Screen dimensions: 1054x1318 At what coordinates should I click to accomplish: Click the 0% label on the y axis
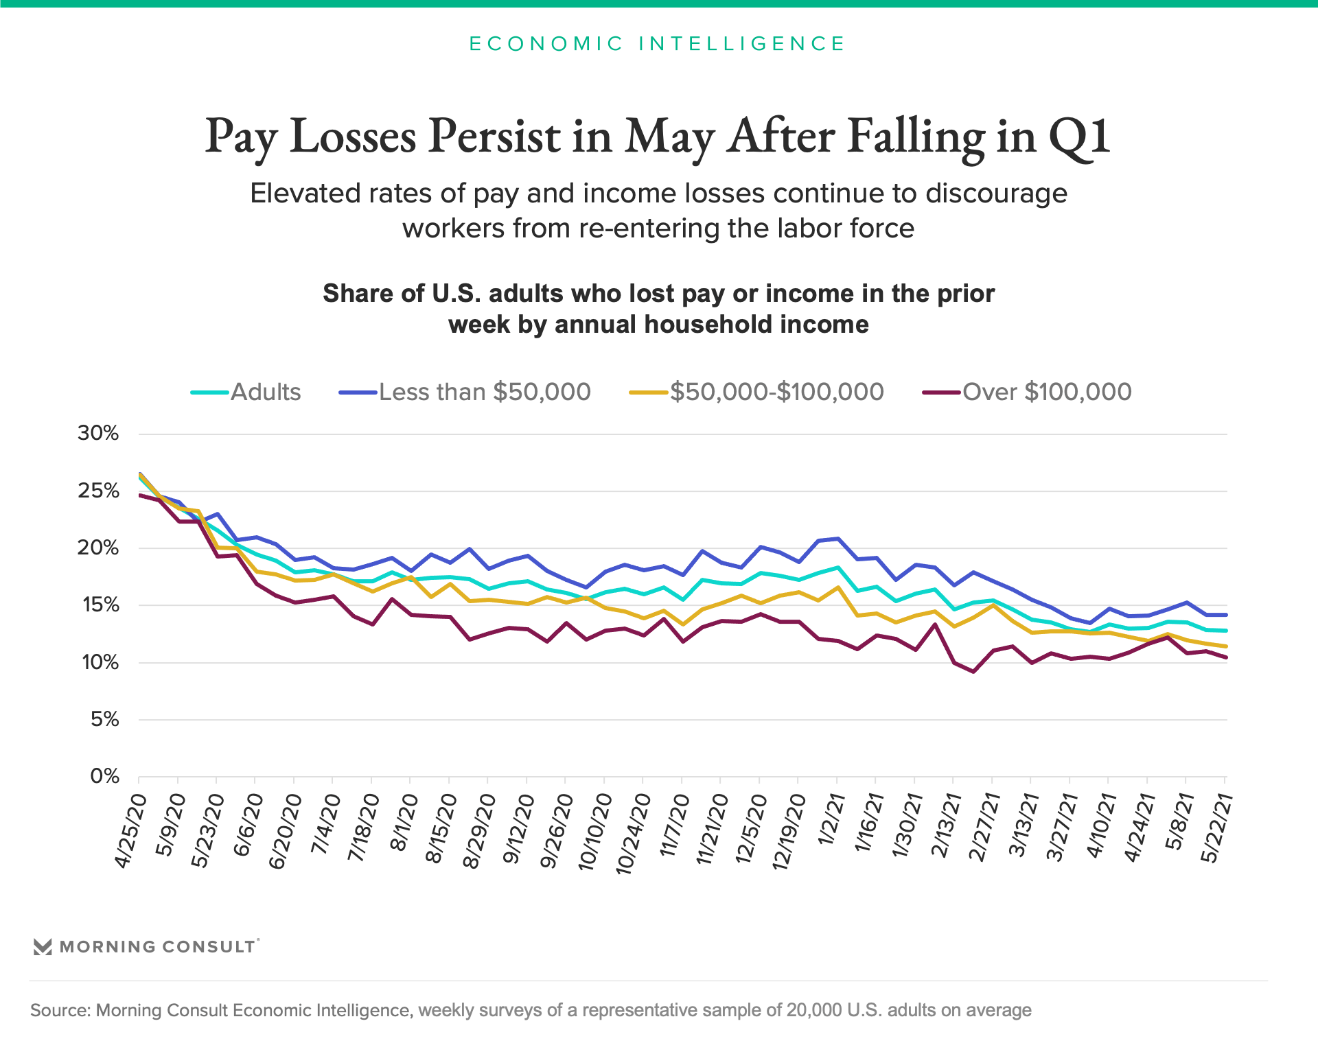[104, 777]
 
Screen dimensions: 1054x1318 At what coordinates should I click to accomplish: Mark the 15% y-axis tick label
[100, 605]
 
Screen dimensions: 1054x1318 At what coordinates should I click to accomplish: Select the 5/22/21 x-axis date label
[1216, 828]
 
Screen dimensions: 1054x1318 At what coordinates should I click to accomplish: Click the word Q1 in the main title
[1078, 137]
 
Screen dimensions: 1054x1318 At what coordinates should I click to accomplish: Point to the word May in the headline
[669, 137]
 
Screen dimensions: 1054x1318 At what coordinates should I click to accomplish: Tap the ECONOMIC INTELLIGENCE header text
[658, 44]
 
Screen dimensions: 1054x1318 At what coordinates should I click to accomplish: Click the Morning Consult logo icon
[43, 947]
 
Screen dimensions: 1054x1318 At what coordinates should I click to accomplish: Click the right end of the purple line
[1226, 657]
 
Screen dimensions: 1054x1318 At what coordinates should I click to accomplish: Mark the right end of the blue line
[1226, 615]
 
